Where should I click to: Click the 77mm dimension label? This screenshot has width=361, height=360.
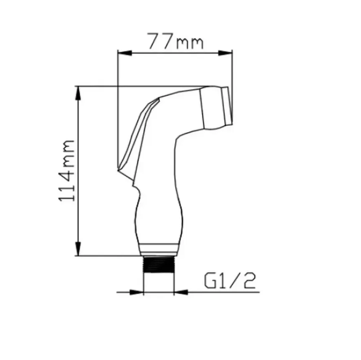coord(175,41)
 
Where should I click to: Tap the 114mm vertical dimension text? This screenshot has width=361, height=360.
coord(67,170)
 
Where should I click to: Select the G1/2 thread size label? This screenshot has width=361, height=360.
coord(230,281)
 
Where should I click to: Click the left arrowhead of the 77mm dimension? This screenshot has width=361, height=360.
coord(125,53)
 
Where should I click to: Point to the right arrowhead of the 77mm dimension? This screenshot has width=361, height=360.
coord(225,53)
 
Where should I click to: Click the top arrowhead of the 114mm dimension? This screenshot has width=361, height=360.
coord(78,93)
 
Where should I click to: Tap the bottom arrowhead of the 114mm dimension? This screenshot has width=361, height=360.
coord(78,249)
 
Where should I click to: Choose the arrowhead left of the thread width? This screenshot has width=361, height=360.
coord(137,292)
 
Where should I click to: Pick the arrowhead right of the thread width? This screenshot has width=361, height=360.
coord(181,292)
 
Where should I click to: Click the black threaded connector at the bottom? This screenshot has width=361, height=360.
coord(159,264)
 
